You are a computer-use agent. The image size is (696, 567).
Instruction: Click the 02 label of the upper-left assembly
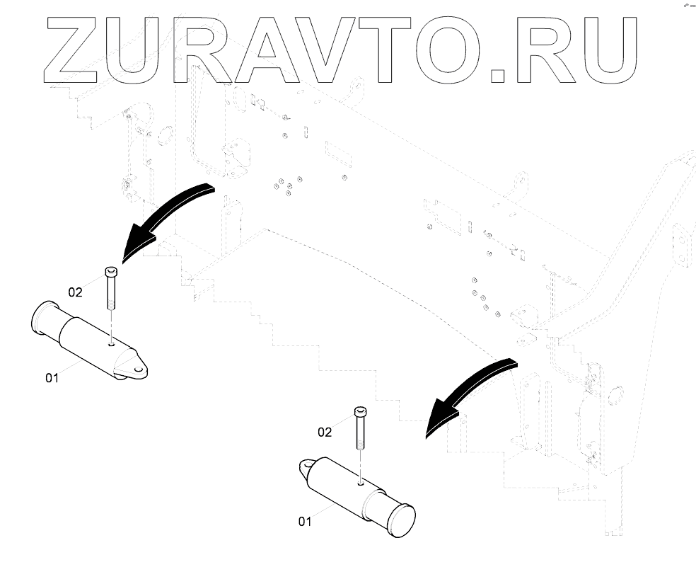(x=76, y=291)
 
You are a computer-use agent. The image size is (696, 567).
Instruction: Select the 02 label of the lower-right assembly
(x=325, y=431)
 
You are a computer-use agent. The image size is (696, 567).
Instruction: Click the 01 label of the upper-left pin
(x=52, y=378)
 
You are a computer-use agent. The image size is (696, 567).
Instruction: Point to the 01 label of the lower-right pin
(x=305, y=522)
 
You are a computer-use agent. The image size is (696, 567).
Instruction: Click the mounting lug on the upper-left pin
(x=134, y=367)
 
